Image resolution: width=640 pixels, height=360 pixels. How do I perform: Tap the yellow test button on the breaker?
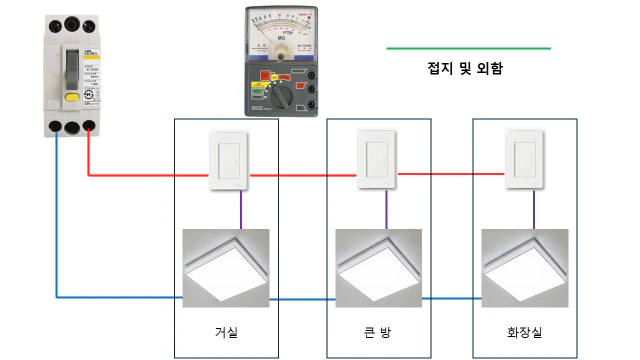point(72,98)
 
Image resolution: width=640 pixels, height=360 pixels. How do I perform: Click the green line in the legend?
point(467,47)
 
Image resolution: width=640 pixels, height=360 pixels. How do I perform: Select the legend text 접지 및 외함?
point(464,69)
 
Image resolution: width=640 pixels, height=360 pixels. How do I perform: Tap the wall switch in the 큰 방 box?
point(377,159)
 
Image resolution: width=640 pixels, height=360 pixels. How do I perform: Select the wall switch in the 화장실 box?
point(523,159)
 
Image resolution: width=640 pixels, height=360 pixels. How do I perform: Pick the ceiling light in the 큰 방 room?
point(378,266)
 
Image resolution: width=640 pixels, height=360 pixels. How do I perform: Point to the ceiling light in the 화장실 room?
point(524,266)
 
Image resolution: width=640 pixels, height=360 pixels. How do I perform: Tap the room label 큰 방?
point(378,331)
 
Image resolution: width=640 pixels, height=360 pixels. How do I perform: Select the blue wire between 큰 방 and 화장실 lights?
point(451,299)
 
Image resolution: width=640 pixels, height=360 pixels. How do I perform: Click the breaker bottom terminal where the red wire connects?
point(90,127)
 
